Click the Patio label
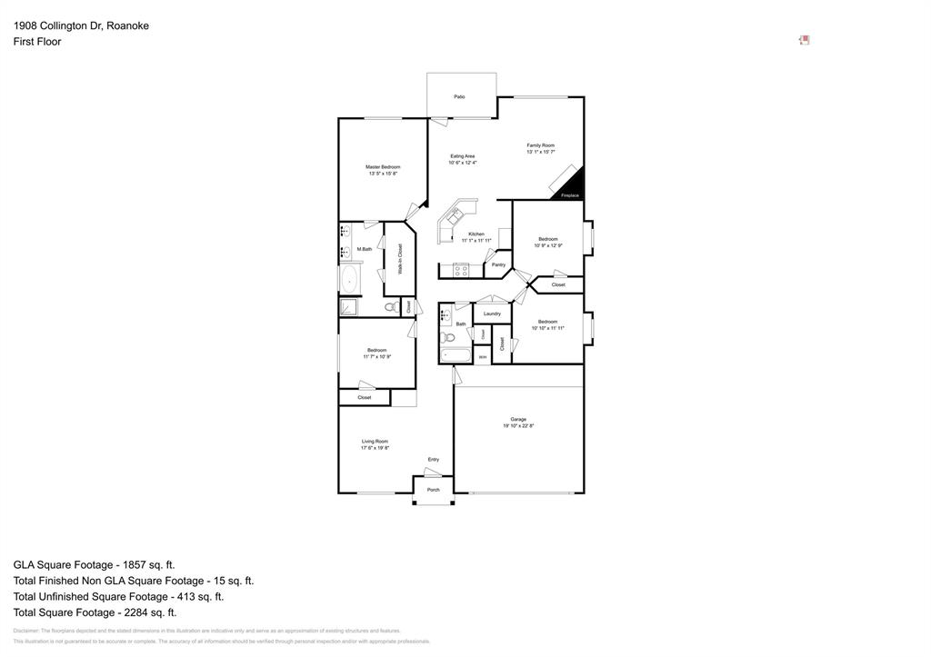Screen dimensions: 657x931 460,96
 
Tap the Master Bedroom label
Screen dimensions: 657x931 383,167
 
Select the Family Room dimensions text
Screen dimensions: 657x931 541,153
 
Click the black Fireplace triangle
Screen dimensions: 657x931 572,187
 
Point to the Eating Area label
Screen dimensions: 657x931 463,156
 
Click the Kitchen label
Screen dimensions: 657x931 476,234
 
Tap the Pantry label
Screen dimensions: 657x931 498,264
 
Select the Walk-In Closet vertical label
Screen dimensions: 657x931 400,259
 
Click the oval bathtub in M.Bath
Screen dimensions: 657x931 349,278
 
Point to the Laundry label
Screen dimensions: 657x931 492,314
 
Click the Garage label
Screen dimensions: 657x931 518,419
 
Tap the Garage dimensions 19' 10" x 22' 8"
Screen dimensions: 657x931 518,425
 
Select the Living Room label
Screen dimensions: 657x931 375,442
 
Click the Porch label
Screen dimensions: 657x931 434,490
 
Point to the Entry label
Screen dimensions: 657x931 434,459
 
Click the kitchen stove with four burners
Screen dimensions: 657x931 461,270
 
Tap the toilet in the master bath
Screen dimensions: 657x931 391,307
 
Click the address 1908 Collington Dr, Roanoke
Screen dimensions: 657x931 81,25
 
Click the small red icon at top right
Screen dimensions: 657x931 805,40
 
